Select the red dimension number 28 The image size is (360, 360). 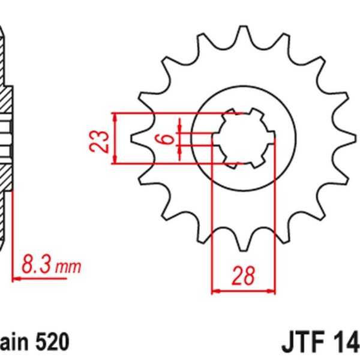point(243,276)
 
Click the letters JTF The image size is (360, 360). point(304,344)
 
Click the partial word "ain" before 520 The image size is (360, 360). point(14,343)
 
